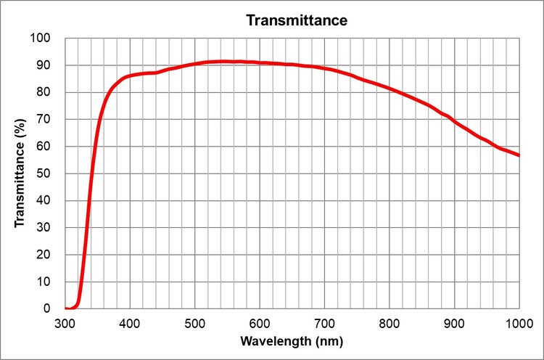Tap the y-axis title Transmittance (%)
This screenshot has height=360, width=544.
[x=21, y=173]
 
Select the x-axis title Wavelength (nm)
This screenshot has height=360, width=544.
[x=292, y=340]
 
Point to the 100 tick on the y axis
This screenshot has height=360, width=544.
[x=44, y=38]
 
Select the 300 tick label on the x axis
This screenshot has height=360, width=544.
[x=65, y=322]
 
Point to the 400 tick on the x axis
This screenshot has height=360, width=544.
[x=130, y=322]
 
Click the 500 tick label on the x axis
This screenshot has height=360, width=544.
[x=194, y=322]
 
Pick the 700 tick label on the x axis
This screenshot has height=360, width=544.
[x=324, y=322]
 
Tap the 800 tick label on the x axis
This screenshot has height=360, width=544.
[x=390, y=322]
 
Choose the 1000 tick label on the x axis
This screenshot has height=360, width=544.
[x=517, y=322]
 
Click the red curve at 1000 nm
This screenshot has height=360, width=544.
[x=518, y=155]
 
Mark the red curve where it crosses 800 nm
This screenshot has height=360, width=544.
[x=390, y=89]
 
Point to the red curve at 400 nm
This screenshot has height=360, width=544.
[x=130, y=75]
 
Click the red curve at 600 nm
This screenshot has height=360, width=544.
[x=260, y=62]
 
